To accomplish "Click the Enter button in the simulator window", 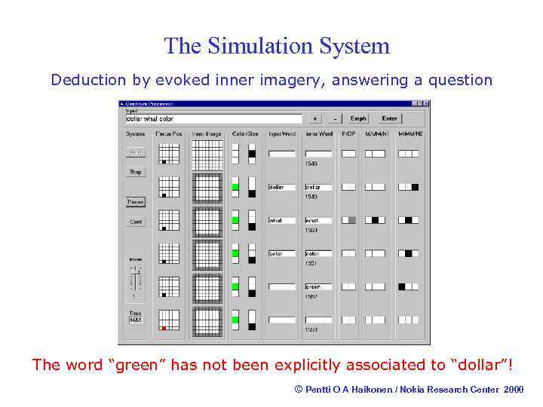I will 389,118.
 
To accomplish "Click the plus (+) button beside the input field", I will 314,118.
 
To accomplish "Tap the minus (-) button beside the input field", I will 334,118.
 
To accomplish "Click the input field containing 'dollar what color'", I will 213,118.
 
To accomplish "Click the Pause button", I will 136,202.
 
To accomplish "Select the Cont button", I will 136,222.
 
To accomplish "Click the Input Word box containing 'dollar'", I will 282,187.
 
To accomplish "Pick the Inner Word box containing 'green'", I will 318,286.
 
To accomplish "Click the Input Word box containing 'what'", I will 282,220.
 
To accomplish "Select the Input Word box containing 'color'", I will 282,253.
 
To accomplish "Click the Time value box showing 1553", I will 136,320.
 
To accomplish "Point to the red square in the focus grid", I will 164,328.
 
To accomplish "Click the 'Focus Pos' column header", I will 168,134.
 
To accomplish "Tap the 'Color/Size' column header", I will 245,134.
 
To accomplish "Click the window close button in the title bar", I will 426,104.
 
